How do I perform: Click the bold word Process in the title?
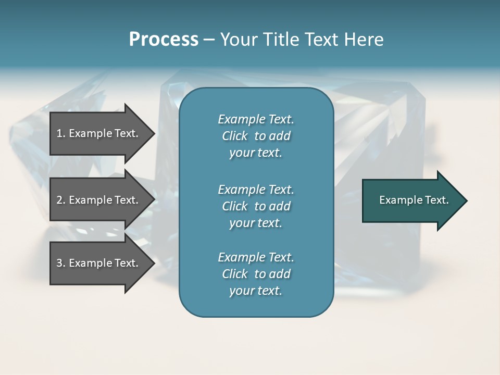(164, 40)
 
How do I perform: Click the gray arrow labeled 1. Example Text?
(99, 133)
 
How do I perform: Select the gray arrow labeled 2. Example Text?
(99, 200)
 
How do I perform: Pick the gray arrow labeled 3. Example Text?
(99, 263)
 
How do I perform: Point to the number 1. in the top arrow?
(61, 133)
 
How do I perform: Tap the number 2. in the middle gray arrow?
(61, 200)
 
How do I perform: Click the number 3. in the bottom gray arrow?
(61, 263)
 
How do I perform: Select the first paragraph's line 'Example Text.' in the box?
(256, 119)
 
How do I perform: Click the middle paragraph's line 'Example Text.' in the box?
(256, 190)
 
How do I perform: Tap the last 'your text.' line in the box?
(256, 291)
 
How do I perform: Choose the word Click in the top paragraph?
(235, 136)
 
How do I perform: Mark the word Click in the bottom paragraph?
(235, 274)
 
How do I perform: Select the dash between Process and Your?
(209, 40)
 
